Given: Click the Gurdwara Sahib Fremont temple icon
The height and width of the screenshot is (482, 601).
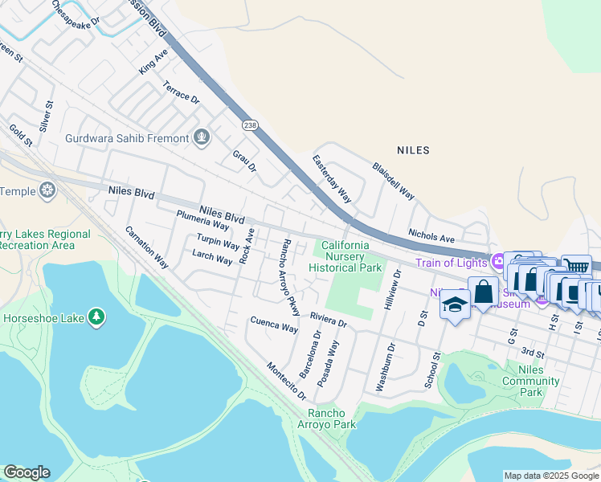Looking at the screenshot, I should tap(201, 138).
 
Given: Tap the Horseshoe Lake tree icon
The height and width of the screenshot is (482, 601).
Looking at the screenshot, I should tap(96, 318).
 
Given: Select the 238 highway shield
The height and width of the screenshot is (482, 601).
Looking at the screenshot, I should tap(249, 125).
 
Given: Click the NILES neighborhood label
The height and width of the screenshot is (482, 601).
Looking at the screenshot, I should tap(413, 150).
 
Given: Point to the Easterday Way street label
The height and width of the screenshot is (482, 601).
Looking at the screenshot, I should tap(332, 178).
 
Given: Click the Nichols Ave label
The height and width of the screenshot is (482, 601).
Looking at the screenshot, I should tap(431, 238).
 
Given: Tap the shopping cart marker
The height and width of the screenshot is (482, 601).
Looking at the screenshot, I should tap(575, 267).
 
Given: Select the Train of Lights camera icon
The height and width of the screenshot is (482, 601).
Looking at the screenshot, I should tap(498, 262).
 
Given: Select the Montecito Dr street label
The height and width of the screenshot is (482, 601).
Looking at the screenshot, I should tap(287, 380).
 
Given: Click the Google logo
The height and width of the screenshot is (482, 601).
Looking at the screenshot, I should tap(27, 472).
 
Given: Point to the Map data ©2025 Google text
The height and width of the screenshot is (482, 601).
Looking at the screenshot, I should tap(550, 476).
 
